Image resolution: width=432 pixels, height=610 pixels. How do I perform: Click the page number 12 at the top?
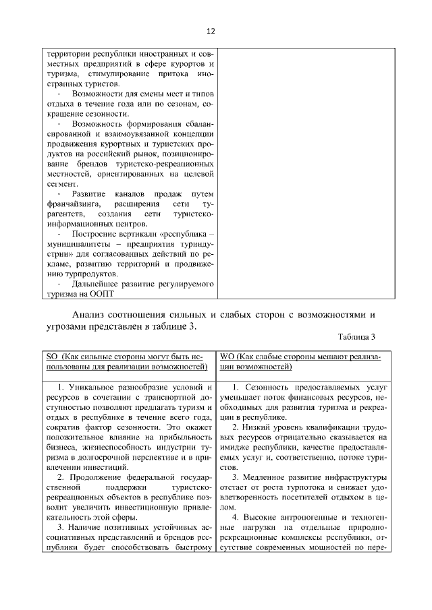coord(211,32)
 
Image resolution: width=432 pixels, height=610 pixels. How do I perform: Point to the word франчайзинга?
coord(67,204)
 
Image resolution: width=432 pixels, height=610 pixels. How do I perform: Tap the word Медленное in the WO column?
coord(267,478)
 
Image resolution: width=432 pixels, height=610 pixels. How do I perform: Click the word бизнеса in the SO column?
coord(59,447)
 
